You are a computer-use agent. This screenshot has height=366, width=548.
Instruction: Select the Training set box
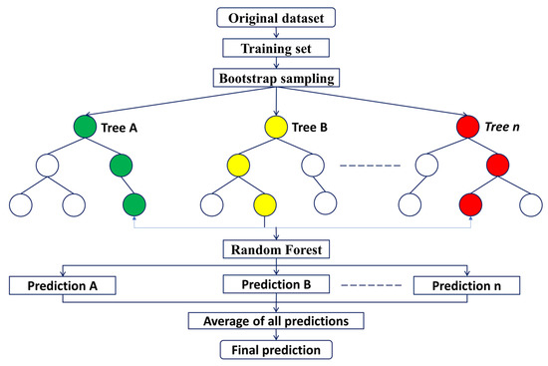(x=274, y=46)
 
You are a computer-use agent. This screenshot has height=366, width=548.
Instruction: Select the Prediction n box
(x=467, y=286)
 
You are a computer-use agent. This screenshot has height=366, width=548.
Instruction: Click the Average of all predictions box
(x=274, y=320)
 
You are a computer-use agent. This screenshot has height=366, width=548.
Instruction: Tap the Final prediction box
(x=274, y=350)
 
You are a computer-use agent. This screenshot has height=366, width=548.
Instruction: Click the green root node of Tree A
(x=86, y=128)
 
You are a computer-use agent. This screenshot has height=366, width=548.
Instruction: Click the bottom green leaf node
(x=134, y=205)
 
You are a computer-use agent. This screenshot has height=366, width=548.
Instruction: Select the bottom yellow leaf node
(x=264, y=205)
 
